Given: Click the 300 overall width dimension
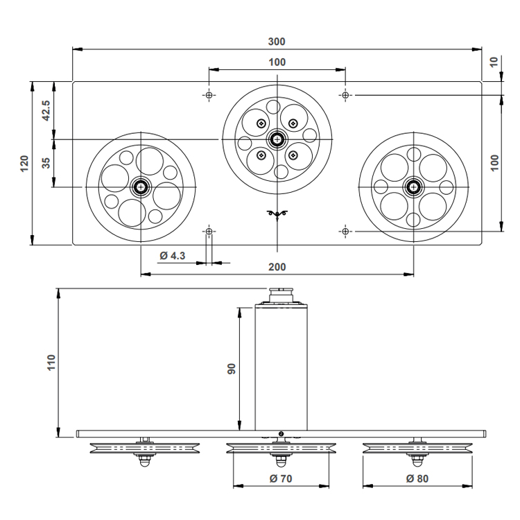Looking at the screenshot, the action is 277,42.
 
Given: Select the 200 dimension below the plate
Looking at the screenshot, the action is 277,267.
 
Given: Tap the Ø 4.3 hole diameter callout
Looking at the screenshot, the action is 173,256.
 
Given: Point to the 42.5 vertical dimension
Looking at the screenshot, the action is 46,110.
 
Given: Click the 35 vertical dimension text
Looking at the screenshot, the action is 46,163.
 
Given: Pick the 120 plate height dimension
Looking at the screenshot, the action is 24,163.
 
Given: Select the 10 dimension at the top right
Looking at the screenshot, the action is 494,62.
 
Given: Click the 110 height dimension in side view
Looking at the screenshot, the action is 51,363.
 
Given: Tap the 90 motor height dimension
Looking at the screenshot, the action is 231,369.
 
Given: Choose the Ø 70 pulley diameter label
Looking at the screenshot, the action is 281,478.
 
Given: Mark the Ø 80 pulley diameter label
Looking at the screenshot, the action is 417,478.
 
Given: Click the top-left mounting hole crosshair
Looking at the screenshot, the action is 209,95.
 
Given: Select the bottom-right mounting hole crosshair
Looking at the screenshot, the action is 345,231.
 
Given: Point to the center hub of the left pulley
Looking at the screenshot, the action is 141,187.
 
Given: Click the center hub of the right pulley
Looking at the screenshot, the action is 413,187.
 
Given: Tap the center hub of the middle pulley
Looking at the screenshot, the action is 277,139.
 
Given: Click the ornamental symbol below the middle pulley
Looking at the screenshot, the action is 277,214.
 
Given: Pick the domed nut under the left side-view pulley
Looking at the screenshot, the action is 145,462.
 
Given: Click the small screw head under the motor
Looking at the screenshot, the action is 281,433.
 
